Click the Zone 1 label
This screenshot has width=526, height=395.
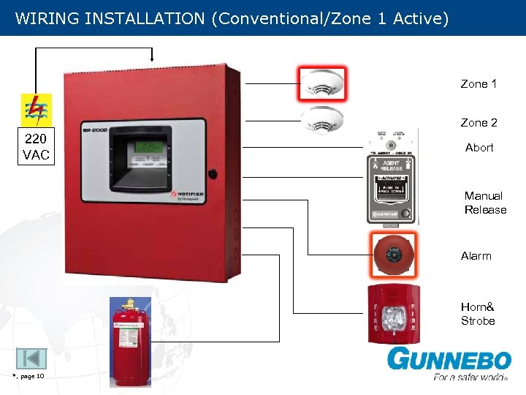tap(479, 84)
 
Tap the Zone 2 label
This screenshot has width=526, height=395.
tap(479, 123)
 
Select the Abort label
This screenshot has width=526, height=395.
tap(479, 148)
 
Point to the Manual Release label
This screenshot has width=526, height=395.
tap(485, 203)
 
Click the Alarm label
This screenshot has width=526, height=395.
tap(476, 256)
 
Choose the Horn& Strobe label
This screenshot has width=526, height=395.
tap(478, 314)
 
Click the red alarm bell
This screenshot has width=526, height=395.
tap(394, 255)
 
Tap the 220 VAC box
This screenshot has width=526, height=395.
tap(36, 147)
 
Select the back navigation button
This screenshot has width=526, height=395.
tap(31, 358)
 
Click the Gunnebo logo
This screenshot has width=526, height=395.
tap(449, 364)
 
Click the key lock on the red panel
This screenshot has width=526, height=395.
tap(213, 174)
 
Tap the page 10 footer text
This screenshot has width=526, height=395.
tap(29, 377)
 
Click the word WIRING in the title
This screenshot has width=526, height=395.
tap(47, 18)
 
